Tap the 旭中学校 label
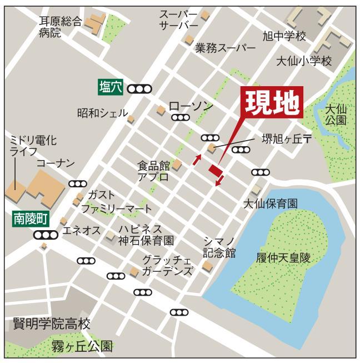[x=284, y=37]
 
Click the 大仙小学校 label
[x=303, y=61]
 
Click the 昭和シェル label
[x=102, y=113]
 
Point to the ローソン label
[x=191, y=106]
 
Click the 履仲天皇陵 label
[x=282, y=257]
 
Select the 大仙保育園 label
[x=270, y=204]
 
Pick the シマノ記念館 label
[x=219, y=246]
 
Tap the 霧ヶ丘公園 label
[x=82, y=347]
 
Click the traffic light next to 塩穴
[x=139, y=88]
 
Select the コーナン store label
[x=55, y=163]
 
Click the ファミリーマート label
[x=116, y=209]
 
